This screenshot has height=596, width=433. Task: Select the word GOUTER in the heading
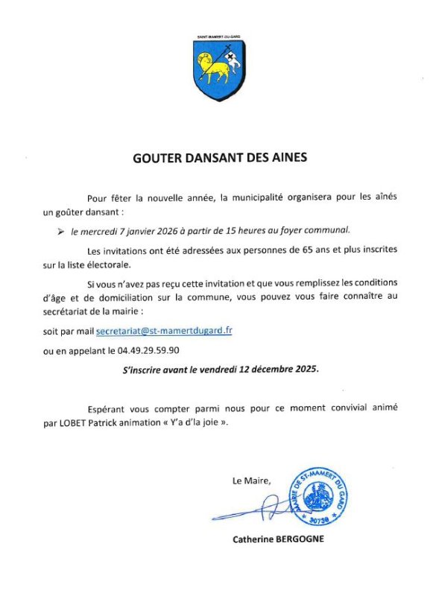(x=154, y=158)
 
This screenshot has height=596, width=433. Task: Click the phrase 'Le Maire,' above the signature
(x=252, y=481)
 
